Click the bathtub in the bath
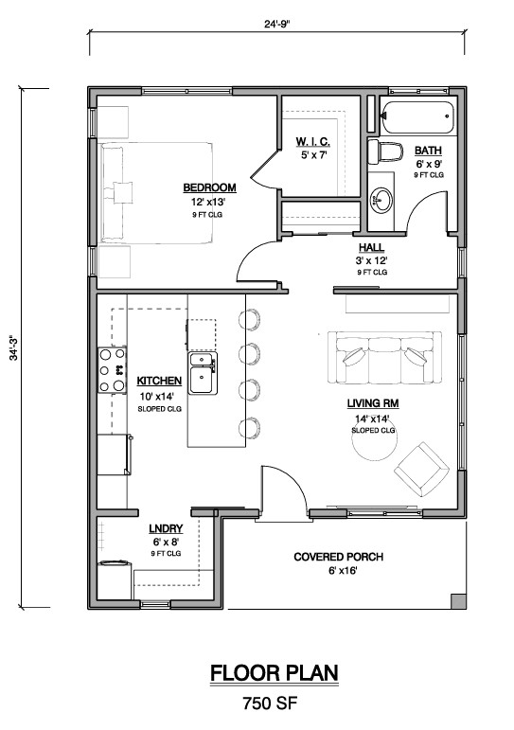click(417, 116)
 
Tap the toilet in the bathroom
click(385, 152)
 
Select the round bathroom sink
click(381, 201)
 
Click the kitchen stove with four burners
click(112, 370)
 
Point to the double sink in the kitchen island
click(203, 373)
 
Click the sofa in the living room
click(384, 357)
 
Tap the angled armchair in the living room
click(422, 470)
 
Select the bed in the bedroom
click(156, 193)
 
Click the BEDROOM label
click(209, 187)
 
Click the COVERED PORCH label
click(339, 557)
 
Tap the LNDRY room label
click(166, 529)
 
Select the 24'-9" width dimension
click(277, 24)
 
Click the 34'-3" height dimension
click(14, 347)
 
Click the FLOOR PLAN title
click(275, 673)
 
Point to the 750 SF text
click(270, 703)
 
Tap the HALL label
click(371, 248)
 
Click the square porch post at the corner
click(458, 601)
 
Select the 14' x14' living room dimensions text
click(371, 418)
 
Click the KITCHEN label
click(159, 381)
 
